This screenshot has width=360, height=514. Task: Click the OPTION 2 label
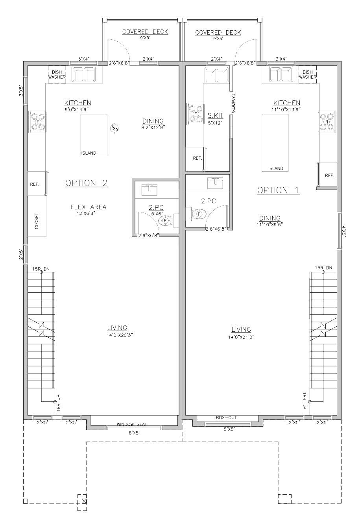[x=86, y=183]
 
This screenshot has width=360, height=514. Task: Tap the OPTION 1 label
[x=278, y=190]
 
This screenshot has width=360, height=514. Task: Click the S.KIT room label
[x=216, y=115]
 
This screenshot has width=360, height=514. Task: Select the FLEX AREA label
[x=89, y=207]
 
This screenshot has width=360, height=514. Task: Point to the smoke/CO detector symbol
[x=114, y=128]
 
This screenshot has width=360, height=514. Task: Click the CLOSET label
[x=37, y=221]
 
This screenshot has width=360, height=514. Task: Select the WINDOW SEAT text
[x=132, y=424]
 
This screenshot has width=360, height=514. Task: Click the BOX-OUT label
[x=226, y=418]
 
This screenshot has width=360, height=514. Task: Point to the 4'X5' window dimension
[x=344, y=231]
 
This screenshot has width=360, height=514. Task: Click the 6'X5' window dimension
[x=134, y=433]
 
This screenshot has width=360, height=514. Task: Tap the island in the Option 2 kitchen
[x=94, y=135]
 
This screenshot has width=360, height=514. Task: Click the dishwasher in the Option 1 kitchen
[x=307, y=73]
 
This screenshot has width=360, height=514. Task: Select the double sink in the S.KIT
[x=217, y=75]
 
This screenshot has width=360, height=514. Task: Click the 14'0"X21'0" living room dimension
[x=241, y=337]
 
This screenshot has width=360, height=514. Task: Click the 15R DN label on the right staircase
[x=323, y=268]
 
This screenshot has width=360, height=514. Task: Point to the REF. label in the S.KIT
[x=198, y=158]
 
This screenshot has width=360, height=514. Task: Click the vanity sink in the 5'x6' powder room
[x=150, y=190]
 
